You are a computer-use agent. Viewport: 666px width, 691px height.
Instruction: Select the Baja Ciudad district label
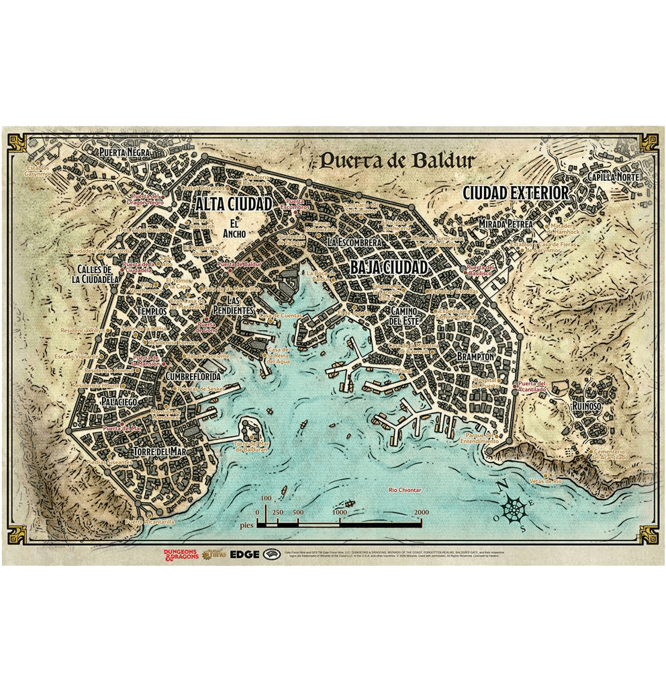click(x=389, y=267)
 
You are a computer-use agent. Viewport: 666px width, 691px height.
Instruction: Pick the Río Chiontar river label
click(x=405, y=490)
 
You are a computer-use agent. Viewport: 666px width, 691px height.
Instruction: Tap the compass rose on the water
click(x=515, y=508)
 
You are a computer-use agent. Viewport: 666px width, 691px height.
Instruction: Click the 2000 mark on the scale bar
click(x=421, y=512)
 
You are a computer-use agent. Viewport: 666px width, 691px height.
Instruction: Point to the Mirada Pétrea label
click(x=505, y=224)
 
